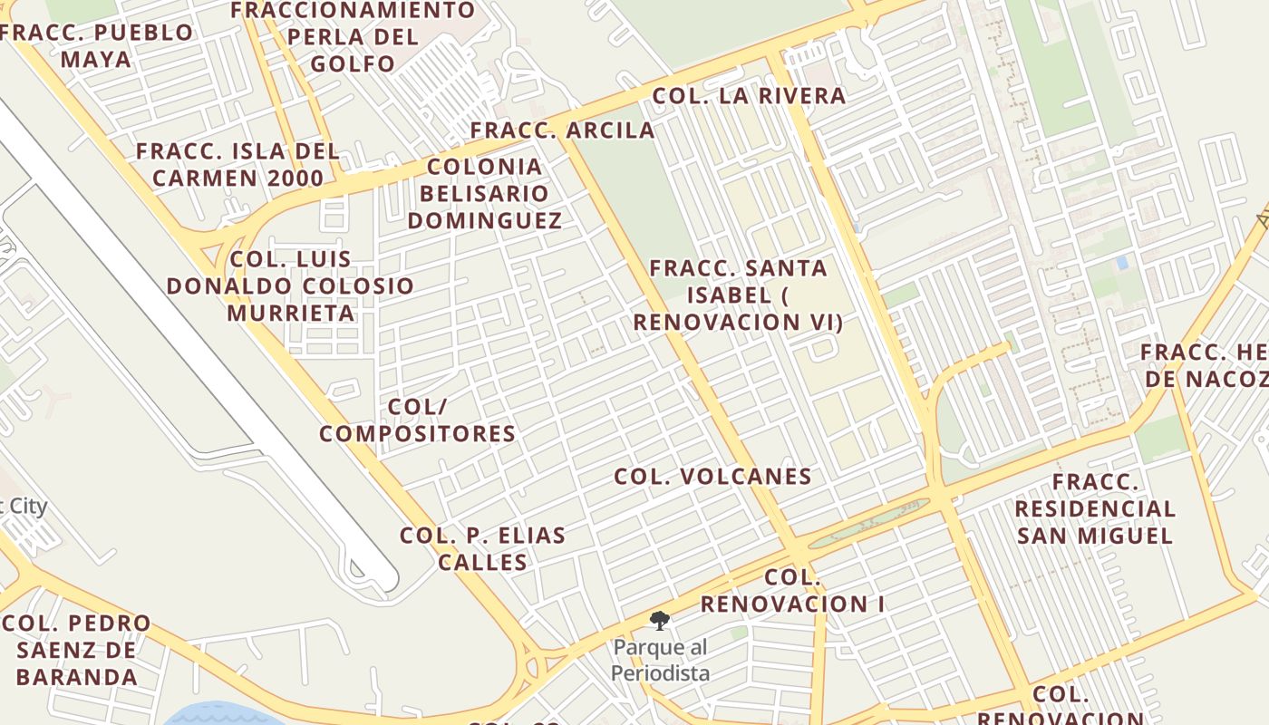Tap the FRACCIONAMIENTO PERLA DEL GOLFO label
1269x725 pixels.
tap(353, 37)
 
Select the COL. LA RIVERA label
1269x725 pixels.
tap(749, 95)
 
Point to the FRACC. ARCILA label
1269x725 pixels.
tap(562, 130)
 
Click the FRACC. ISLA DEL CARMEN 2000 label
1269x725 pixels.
tap(237, 164)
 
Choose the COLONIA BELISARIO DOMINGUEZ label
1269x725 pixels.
tap(484, 193)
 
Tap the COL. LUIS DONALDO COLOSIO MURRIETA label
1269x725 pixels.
tap(290, 285)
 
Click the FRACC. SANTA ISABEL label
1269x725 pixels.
tap(738, 295)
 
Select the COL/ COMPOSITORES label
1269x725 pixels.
tap(417, 420)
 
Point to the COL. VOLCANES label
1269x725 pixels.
tap(712, 477)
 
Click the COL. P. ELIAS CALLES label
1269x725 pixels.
tap(482, 548)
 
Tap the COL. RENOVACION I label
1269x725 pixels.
tap(792, 590)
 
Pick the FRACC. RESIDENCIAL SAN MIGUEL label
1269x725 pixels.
tap(1095, 508)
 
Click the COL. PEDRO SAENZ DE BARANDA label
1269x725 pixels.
tap(76, 650)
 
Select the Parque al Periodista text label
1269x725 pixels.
tap(660, 661)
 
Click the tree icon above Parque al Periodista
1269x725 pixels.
tap(660, 621)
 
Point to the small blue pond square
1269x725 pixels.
tap(1122, 263)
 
